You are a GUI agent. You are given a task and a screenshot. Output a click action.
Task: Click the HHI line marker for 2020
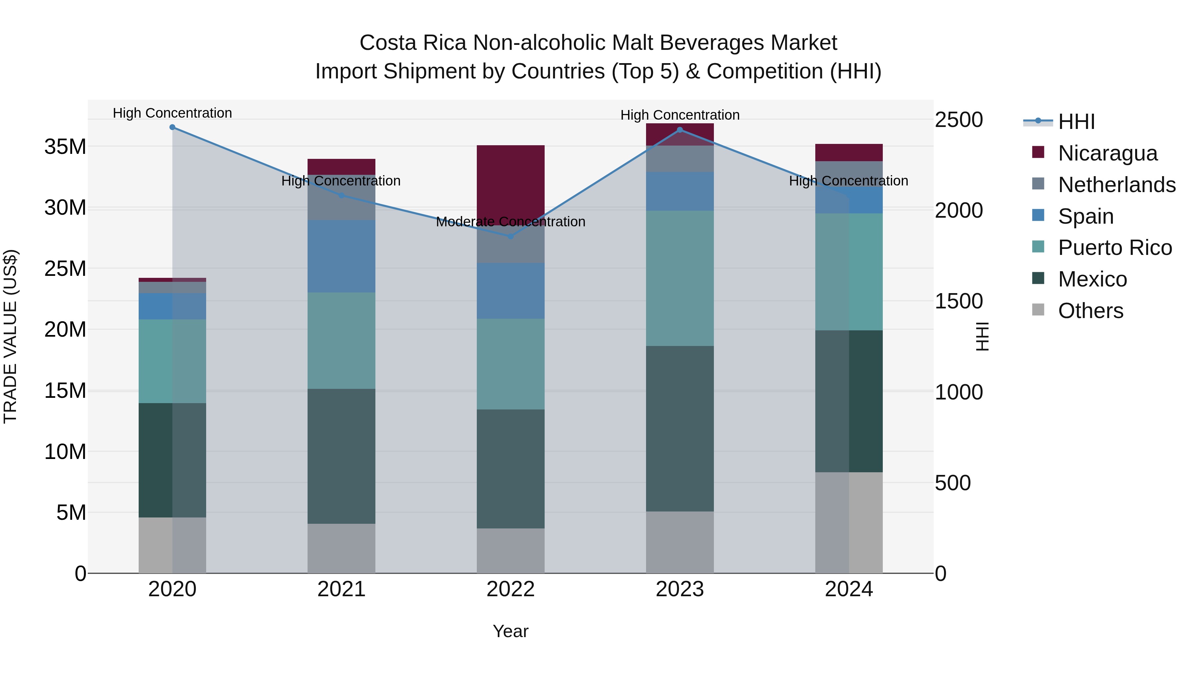pos(172,127)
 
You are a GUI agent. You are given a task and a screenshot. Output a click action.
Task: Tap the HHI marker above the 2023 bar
pos(680,130)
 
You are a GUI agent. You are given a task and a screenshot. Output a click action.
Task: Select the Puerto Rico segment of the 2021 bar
pos(341,340)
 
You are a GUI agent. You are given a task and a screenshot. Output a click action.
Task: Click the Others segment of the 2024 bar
pos(849,522)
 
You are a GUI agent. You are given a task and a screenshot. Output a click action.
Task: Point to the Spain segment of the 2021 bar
pos(341,256)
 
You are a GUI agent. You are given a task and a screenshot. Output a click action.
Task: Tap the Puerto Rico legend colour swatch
pos(1038,247)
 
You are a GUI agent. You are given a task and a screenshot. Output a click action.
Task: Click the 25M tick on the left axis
pos(65,269)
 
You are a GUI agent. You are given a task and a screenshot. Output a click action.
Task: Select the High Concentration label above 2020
pos(172,113)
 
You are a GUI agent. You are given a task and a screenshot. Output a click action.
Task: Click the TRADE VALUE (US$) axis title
pos(10,336)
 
